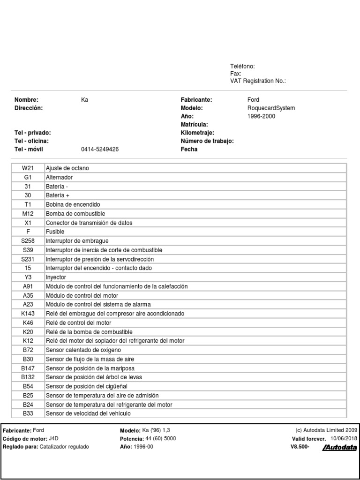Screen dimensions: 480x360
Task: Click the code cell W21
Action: coord(28,168)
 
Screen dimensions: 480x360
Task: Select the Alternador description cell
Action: coord(60,177)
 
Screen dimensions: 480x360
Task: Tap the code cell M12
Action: coord(28,214)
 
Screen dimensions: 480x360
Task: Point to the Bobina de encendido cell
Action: coord(73,205)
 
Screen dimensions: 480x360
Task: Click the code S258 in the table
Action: coord(28,241)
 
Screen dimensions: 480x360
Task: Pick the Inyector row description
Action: coord(56,277)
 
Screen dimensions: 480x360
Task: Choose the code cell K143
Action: coord(28,314)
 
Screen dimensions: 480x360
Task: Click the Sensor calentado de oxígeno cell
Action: coord(83,350)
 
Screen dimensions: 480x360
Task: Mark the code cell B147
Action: coord(28,368)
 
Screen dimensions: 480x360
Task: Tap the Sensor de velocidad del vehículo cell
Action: coord(88,413)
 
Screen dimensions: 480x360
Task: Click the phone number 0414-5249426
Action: coord(100,150)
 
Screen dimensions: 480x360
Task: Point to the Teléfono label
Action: coord(242,67)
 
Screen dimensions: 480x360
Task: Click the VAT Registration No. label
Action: coord(258,81)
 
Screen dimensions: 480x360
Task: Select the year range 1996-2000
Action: coord(261,116)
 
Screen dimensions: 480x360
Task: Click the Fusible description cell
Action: coord(55,232)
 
